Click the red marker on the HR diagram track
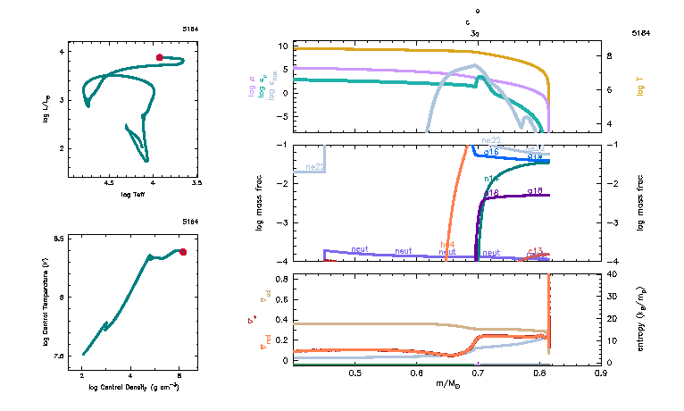coord(159,57)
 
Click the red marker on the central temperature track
coord(183,252)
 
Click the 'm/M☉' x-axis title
coord(449,383)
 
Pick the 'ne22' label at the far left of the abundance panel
coord(314,167)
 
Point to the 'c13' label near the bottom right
coord(536,251)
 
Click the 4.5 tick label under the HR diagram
coord(109,182)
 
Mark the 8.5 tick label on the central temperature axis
coord(59,239)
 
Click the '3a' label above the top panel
coord(476,32)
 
